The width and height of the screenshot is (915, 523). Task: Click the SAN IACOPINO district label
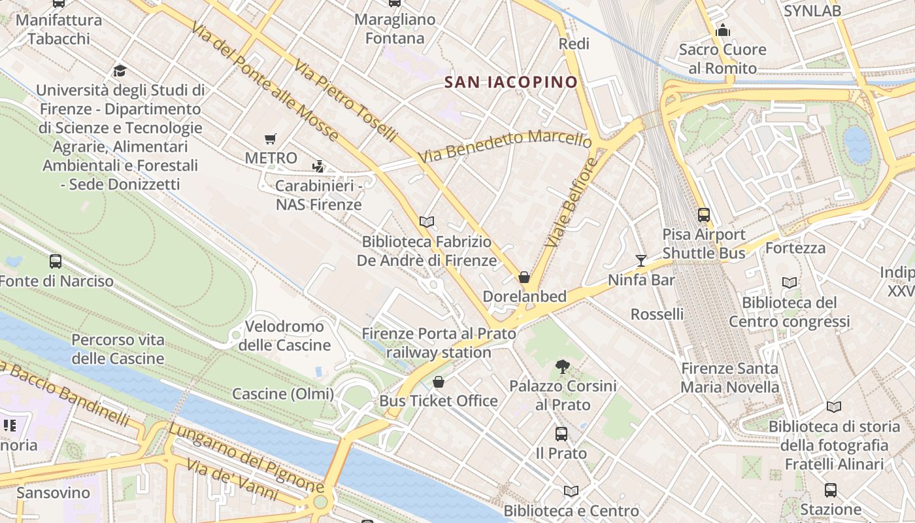click(511, 82)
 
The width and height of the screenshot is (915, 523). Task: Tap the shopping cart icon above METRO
click(271, 138)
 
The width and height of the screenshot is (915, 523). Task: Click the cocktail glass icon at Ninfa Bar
click(640, 261)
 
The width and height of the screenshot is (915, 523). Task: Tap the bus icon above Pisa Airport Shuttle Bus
click(704, 214)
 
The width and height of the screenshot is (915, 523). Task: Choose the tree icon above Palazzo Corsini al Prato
click(562, 367)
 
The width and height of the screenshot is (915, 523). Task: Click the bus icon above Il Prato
click(561, 433)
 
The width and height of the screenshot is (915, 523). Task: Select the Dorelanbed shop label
click(524, 296)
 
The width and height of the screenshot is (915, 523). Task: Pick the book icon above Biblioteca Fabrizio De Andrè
click(427, 222)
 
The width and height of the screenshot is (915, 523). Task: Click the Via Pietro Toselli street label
click(345, 101)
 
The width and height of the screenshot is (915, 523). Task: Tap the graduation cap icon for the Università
click(120, 71)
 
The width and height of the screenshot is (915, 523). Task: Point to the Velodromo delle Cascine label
click(284, 335)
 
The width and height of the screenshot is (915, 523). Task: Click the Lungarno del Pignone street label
click(246, 458)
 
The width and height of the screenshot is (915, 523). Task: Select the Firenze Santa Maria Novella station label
click(729, 378)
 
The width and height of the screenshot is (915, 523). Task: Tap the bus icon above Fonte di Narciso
click(56, 261)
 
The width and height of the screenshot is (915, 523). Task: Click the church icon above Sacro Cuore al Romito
click(722, 30)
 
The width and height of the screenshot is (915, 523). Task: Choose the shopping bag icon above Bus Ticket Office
click(439, 382)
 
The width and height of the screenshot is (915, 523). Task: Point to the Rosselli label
click(657, 314)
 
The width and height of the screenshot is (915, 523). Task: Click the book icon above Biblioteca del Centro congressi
click(790, 282)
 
